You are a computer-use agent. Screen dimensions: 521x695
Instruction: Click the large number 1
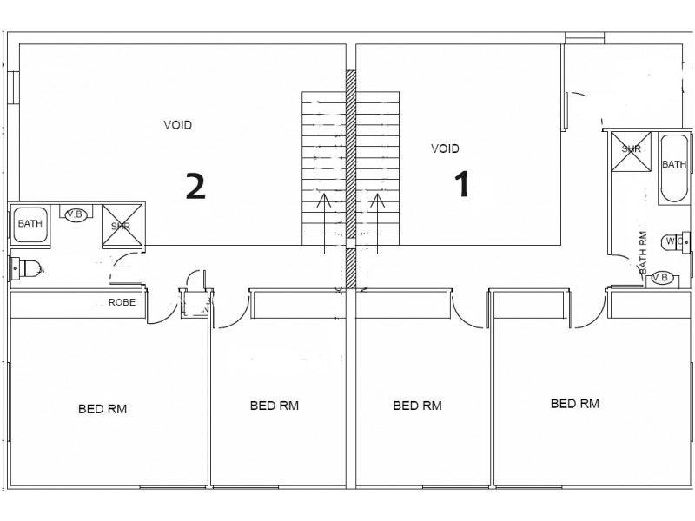(462, 183)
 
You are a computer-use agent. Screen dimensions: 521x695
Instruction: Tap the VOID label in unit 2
(177, 125)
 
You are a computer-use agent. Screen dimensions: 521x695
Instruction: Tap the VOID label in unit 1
(445, 148)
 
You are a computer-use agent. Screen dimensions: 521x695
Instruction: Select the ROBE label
(121, 303)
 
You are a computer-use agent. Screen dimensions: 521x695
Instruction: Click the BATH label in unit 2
(30, 224)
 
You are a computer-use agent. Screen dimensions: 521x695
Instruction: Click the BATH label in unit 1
(674, 164)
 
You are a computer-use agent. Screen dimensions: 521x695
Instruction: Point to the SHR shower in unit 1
(630, 148)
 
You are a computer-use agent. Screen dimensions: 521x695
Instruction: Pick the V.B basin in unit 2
(76, 214)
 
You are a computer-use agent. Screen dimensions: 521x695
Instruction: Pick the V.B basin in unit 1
(661, 278)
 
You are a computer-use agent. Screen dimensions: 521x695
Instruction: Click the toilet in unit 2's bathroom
(26, 268)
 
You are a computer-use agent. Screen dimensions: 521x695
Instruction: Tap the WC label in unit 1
(673, 241)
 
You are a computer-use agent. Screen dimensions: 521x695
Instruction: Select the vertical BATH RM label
(644, 253)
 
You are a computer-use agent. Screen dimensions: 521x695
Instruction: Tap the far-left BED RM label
(103, 408)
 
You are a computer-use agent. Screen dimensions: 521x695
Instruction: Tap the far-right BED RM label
(574, 403)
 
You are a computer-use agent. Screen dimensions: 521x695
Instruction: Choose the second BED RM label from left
(274, 405)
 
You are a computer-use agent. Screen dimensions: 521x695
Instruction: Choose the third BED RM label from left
(417, 405)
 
